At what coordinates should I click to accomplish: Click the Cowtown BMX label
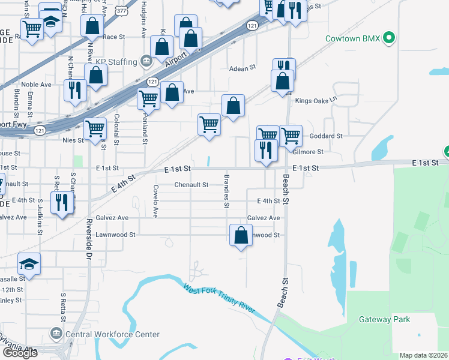coord(352,38)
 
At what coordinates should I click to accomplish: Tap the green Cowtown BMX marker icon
coord(389,38)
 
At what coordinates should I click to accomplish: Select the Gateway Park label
coord(384,319)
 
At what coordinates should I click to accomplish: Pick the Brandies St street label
coord(226,192)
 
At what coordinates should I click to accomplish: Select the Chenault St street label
coord(191,185)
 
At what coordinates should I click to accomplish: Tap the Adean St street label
coord(243,68)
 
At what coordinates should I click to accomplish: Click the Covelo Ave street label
coord(155,201)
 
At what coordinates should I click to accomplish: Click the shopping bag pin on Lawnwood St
coord(241,235)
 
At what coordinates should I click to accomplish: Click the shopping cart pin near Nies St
coord(95,128)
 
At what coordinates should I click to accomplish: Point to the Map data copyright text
coord(423,355)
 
